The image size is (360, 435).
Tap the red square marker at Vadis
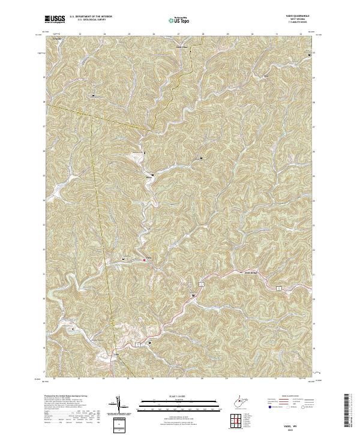pos(144,260)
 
